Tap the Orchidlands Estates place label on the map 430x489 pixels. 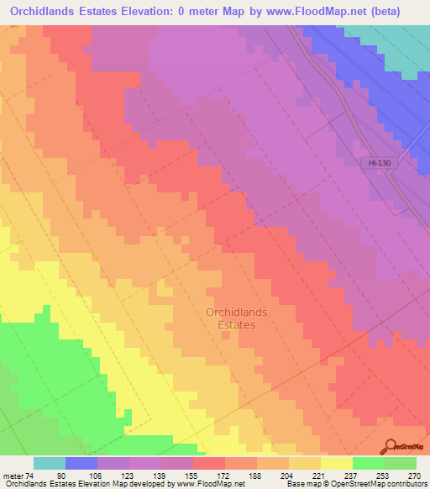237,318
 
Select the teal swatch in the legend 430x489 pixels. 50,463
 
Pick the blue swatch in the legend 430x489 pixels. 81,463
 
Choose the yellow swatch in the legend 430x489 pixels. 337,463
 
